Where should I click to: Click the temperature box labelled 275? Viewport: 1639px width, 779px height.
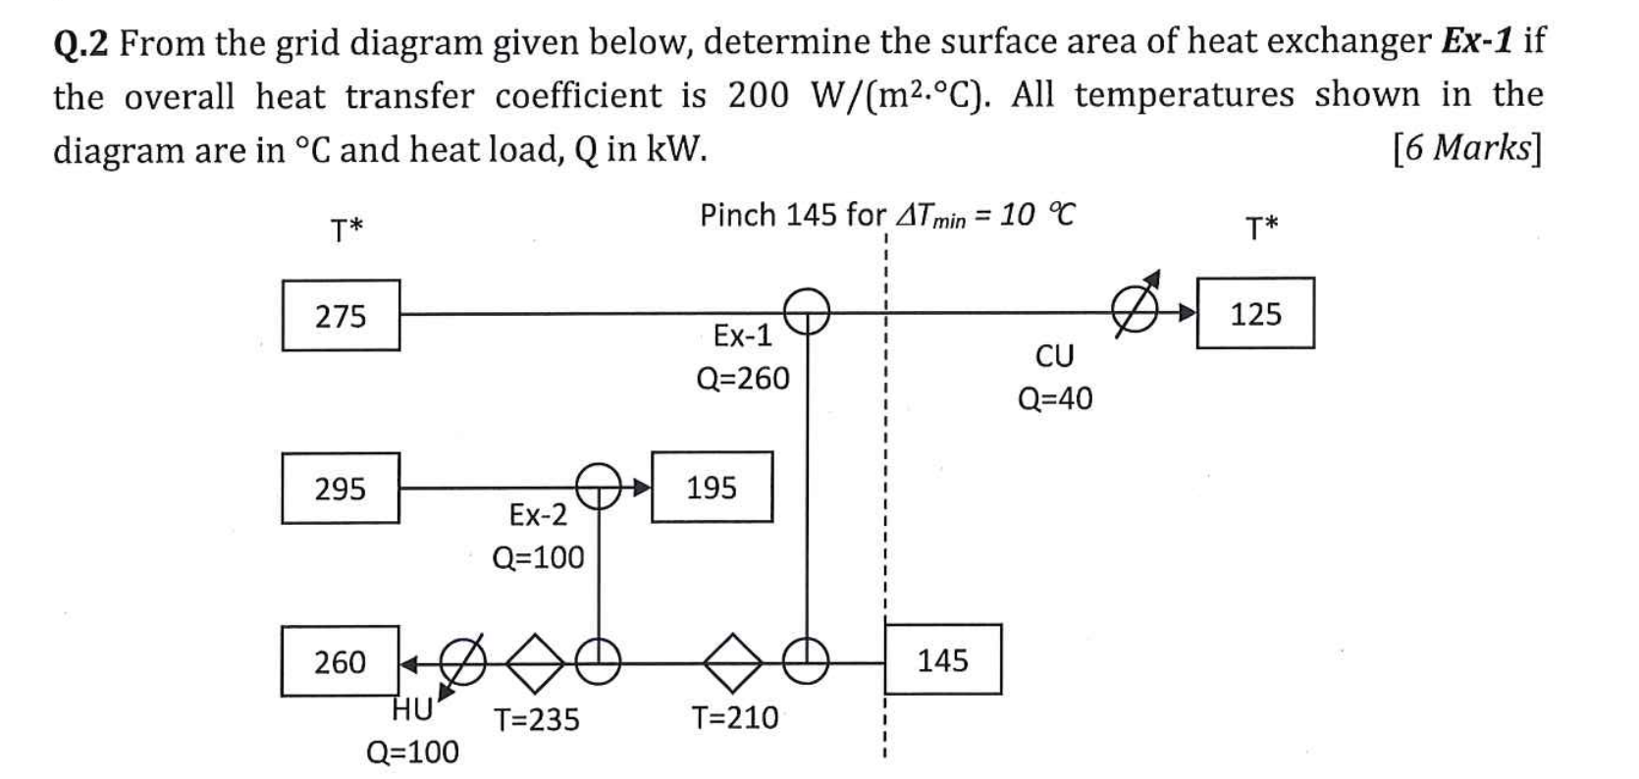point(341,316)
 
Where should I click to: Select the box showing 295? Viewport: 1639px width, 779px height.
point(341,488)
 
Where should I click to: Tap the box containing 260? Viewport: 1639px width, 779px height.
point(341,661)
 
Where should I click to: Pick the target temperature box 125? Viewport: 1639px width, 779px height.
point(1255,314)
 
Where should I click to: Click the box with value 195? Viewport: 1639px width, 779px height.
point(712,487)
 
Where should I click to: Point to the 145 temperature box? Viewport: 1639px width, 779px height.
point(943,659)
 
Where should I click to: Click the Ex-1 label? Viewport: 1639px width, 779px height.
point(743,337)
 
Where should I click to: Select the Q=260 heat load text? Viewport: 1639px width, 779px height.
point(743,379)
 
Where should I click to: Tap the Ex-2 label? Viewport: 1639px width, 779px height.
point(538,514)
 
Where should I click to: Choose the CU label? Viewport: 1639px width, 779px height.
point(1055,356)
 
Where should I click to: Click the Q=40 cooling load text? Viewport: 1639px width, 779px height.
point(1055,398)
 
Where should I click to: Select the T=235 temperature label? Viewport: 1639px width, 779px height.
point(536,721)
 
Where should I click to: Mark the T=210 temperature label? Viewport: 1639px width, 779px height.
point(735,718)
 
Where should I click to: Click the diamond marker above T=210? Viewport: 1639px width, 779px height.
point(735,662)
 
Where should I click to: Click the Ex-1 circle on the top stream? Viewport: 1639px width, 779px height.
point(807,313)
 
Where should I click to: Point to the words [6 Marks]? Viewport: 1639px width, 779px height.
point(1466,149)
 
